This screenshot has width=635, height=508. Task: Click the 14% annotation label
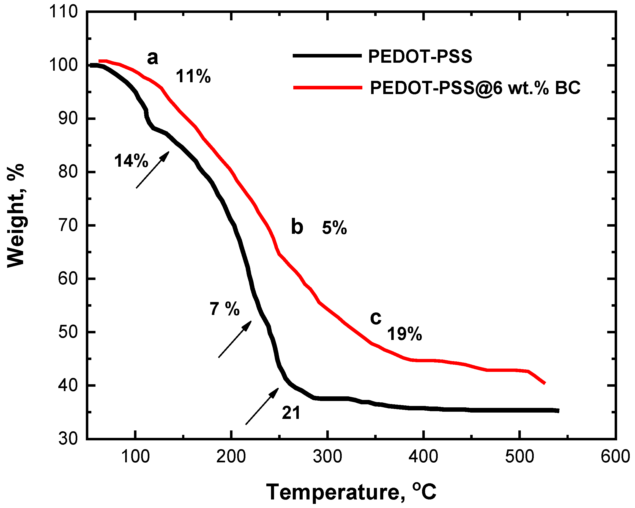(x=131, y=161)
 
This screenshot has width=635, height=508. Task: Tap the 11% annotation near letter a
(x=193, y=76)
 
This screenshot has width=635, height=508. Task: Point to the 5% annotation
(x=334, y=228)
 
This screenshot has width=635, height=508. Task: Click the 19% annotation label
(x=404, y=334)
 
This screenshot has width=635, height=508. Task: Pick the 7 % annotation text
(x=225, y=309)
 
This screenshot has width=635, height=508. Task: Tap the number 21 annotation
(x=291, y=413)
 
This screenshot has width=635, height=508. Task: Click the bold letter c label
(x=376, y=318)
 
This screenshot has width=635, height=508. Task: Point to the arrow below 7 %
(x=235, y=339)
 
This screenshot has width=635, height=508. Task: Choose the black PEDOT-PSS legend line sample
(x=327, y=55)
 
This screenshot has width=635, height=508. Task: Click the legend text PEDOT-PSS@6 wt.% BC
(x=475, y=88)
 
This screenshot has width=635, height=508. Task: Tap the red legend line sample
(x=327, y=87)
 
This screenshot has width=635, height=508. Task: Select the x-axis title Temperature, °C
(x=351, y=492)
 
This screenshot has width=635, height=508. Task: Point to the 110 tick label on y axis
(x=63, y=12)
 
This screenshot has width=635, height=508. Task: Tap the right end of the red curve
(x=544, y=383)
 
